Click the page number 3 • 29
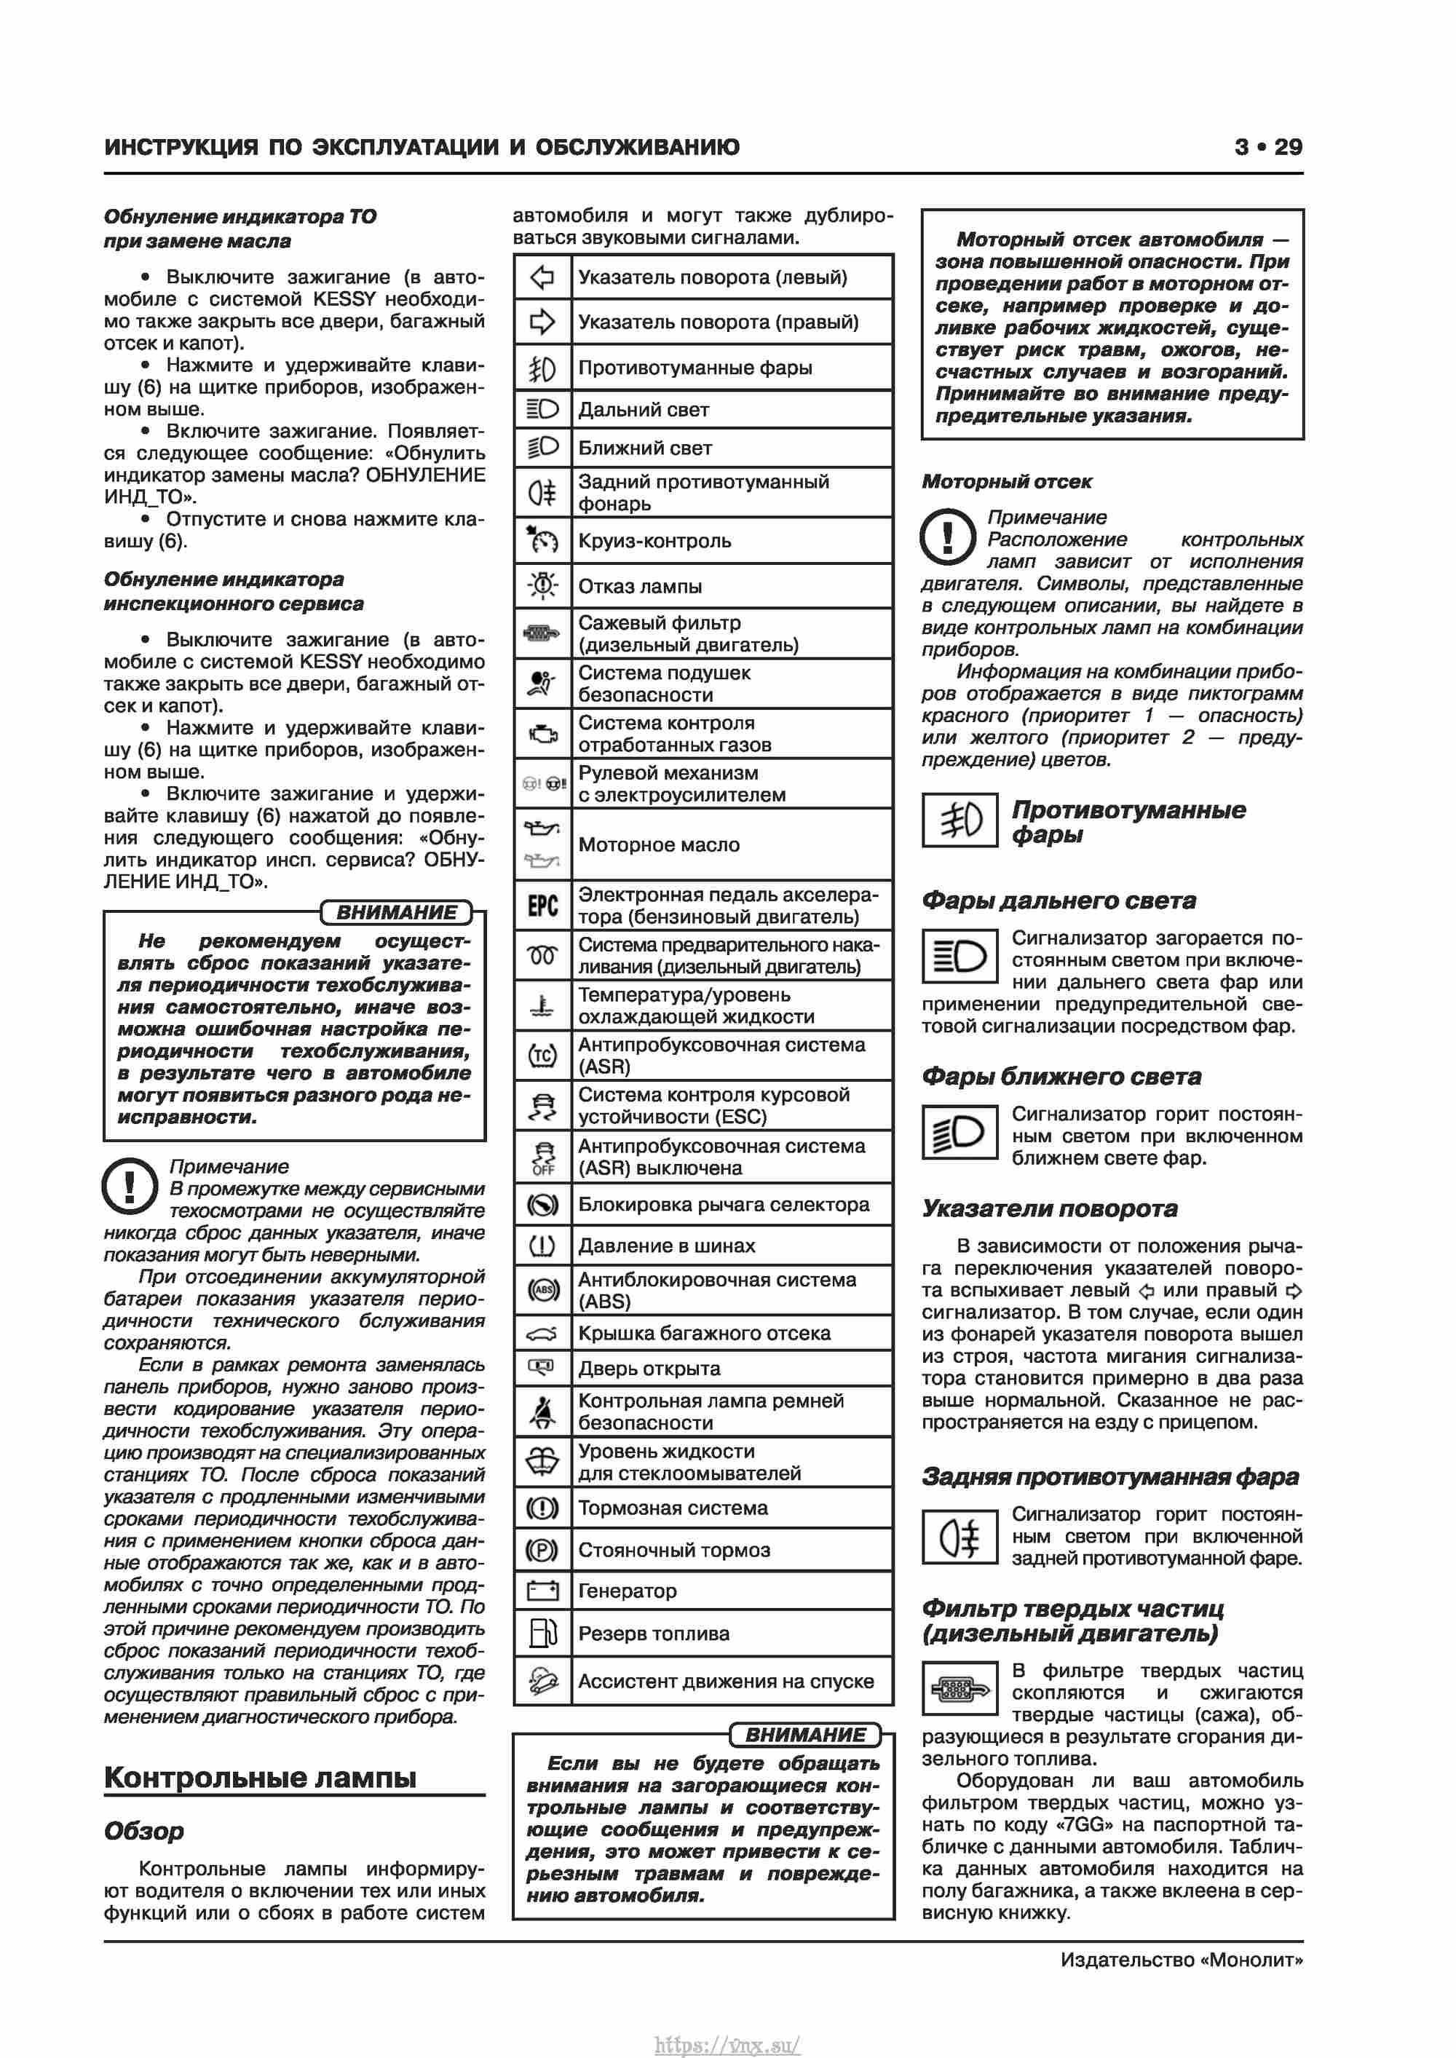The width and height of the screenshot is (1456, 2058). click(x=1267, y=147)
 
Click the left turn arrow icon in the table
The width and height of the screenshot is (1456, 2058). click(x=542, y=277)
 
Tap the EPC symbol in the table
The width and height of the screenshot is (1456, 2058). click(x=542, y=906)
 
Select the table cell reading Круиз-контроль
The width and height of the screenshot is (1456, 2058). click(x=654, y=540)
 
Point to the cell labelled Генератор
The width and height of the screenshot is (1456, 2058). click(x=628, y=1591)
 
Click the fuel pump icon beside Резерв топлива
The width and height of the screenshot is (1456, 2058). click(x=542, y=1633)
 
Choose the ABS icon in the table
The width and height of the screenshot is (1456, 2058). click(x=542, y=1290)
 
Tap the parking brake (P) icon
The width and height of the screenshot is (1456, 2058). click(x=542, y=1550)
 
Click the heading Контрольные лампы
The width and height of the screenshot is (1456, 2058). click(x=260, y=1776)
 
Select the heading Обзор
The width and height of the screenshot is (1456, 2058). click(x=143, y=1830)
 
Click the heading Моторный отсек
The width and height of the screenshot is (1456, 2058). click(x=1006, y=481)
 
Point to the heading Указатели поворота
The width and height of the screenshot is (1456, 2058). click(x=1049, y=1208)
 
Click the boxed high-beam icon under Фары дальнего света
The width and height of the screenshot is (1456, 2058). click(x=960, y=957)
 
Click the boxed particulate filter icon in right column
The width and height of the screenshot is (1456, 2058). click(x=960, y=1690)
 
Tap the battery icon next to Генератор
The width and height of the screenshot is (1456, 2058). click(x=542, y=1591)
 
